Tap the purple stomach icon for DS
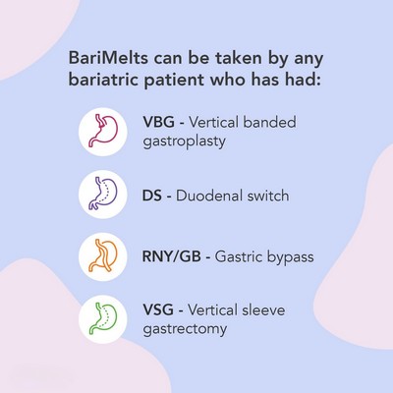point(102,194)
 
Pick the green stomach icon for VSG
point(102,318)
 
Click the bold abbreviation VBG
point(159,122)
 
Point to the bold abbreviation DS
point(152,196)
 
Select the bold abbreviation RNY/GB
point(172,256)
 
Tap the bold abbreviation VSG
point(158,309)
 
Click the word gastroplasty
point(185,142)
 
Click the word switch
point(268,196)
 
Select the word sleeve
point(264,309)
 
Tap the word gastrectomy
point(185,329)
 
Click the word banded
point(269,122)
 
